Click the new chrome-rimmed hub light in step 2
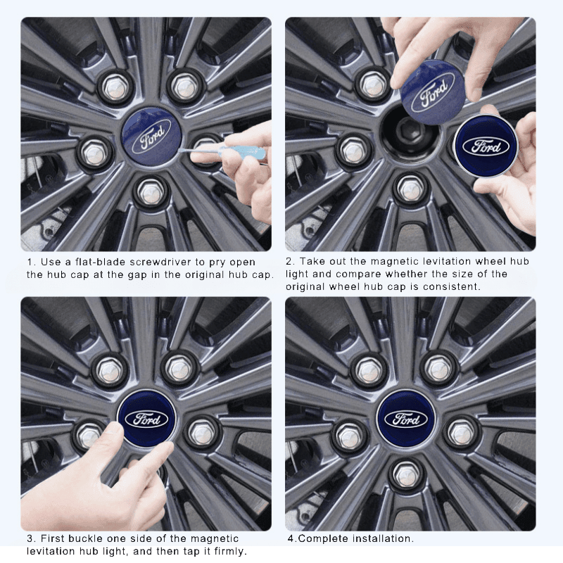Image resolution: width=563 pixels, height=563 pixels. pos(486,146)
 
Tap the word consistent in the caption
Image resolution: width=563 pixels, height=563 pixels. pos(455,286)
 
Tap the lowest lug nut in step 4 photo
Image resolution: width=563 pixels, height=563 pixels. pos(407,474)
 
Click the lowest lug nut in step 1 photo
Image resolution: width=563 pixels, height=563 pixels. pos(150,190)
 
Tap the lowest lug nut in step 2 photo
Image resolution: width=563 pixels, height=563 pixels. pos(410,189)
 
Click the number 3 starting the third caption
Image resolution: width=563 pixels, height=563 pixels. pos(30,538)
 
